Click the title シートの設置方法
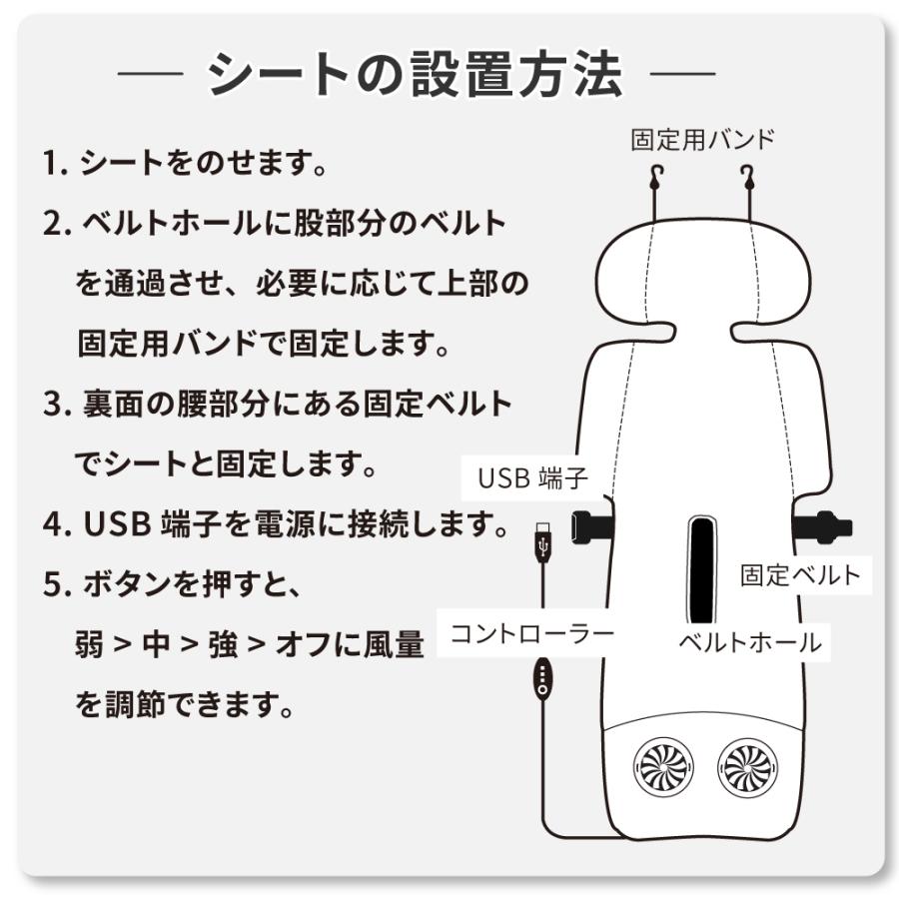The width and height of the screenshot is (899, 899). tap(415, 74)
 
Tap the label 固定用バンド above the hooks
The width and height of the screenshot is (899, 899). tap(702, 140)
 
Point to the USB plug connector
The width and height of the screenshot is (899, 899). tap(543, 540)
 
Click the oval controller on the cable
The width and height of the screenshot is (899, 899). tap(542, 678)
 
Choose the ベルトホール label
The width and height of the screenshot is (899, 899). tap(750, 642)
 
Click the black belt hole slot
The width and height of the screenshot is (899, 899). tap(702, 569)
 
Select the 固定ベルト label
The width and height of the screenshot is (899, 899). tap(801, 575)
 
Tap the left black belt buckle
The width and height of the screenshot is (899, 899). tap(590, 525)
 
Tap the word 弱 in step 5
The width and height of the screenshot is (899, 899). tap(90, 644)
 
